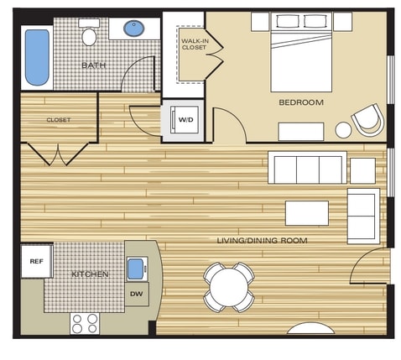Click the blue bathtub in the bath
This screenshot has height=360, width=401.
click(37, 57)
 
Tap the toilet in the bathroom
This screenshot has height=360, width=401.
click(90, 34)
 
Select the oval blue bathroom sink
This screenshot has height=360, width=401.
click(133, 29)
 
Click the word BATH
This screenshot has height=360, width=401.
click(92, 65)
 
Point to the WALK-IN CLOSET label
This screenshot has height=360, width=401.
click(194, 43)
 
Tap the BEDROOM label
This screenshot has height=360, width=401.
click(301, 102)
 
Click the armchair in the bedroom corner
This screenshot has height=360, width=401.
click(367, 120)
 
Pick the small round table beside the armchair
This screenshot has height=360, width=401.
click(343, 130)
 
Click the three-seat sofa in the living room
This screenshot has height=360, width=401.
click(306, 168)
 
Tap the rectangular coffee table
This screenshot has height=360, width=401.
click(306, 212)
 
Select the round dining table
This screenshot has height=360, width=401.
click(228, 287)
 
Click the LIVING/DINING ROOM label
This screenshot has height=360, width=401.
click(262, 241)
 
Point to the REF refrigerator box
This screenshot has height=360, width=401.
click(36, 261)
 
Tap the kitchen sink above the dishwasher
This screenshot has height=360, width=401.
click(136, 269)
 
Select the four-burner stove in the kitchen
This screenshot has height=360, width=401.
click(85, 322)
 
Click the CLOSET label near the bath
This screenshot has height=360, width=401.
click(59, 119)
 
